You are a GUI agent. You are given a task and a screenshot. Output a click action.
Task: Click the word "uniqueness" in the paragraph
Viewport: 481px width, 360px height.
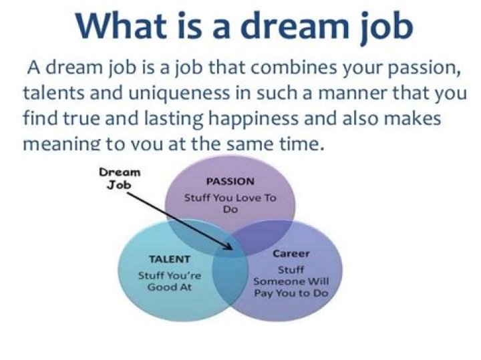[179, 94]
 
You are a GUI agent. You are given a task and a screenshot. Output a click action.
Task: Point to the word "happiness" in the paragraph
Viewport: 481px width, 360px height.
[254, 120]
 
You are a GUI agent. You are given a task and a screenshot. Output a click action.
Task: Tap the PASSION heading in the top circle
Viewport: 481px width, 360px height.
[230, 182]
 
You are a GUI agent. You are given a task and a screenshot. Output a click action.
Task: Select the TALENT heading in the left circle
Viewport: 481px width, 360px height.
[170, 259]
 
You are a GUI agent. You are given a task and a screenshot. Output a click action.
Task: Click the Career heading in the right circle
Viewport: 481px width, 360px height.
[291, 254]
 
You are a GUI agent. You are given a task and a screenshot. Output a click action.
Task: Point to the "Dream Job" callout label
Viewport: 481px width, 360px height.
[120, 178]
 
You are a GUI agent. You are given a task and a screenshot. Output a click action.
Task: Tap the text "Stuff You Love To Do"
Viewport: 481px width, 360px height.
[230, 204]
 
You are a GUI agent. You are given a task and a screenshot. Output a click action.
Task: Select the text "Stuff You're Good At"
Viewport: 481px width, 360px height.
[170, 281]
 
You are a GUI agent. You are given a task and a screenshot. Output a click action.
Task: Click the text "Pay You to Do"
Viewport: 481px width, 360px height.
[291, 293]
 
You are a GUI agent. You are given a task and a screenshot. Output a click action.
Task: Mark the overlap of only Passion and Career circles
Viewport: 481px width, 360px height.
[264, 236]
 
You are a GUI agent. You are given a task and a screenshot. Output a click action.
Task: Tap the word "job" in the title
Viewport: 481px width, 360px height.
[387, 27]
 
